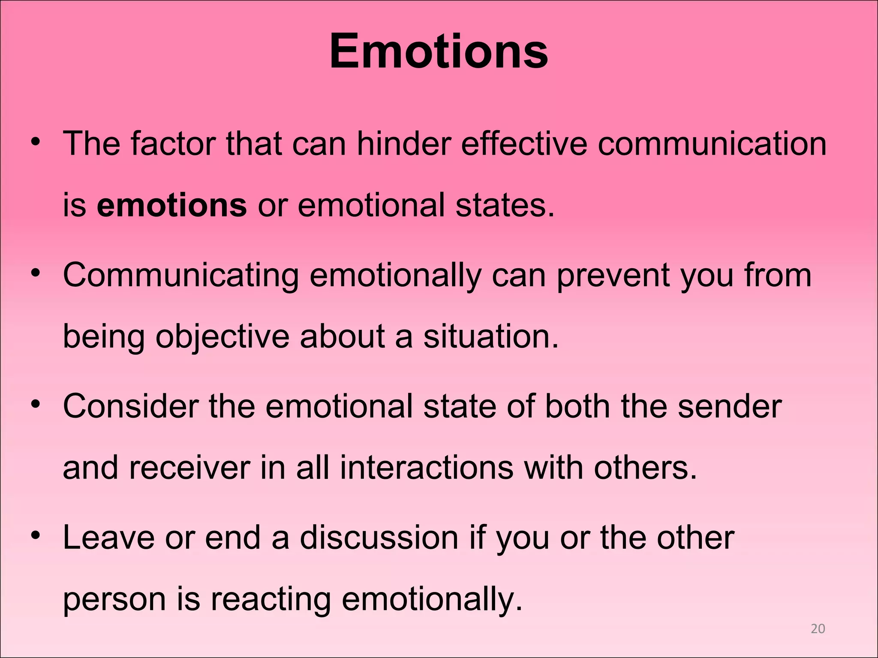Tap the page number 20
[818, 628]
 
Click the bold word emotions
[171, 205]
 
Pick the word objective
[222, 337]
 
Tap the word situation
[491, 336]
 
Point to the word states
[505, 205]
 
